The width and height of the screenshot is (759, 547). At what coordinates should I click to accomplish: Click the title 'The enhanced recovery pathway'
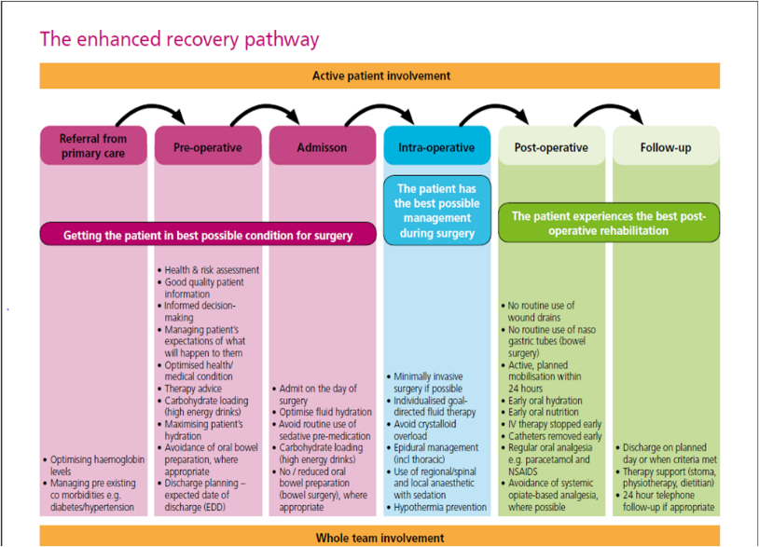[x=179, y=39]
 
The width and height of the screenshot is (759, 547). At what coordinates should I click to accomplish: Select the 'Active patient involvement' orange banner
[x=379, y=75]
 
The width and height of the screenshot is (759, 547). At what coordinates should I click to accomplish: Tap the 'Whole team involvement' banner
[x=379, y=538]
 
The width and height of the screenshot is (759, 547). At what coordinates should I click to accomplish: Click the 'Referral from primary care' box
[x=93, y=146]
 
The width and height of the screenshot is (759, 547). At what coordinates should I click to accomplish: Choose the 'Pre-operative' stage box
[x=207, y=147]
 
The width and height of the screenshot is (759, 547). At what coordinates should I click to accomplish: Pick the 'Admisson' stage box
[x=322, y=147]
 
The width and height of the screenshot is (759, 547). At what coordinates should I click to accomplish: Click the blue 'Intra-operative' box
[x=436, y=147]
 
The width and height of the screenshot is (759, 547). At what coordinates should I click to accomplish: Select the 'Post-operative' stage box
[x=551, y=147]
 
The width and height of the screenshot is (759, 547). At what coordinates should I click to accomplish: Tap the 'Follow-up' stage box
[x=665, y=147]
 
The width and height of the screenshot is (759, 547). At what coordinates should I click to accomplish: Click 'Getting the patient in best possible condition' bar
[x=208, y=235]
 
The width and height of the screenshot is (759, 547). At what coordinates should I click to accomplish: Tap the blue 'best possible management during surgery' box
[x=436, y=211]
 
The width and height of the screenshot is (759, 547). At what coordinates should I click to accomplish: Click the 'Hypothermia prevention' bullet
[x=439, y=508]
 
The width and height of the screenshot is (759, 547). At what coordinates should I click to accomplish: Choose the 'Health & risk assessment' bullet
[x=211, y=270]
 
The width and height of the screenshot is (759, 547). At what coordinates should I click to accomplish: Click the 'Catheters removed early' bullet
[x=554, y=436]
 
